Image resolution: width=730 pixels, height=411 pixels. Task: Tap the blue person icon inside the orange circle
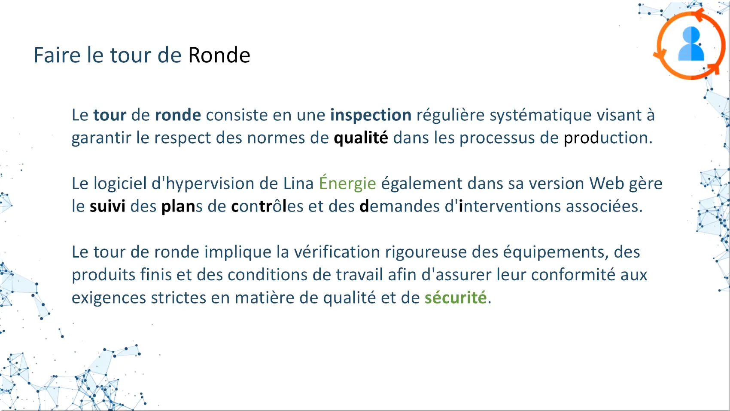point(691,44)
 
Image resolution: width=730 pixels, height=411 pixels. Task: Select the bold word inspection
point(371,115)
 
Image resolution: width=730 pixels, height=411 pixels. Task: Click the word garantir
point(101,138)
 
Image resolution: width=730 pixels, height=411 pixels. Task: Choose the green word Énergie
point(347,183)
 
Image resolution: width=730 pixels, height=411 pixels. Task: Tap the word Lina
point(298,183)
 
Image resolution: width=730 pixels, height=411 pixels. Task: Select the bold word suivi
point(107,206)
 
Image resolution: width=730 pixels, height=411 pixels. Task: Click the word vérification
point(337,252)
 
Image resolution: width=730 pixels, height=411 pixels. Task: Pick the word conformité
point(573,275)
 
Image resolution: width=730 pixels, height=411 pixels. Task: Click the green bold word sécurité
point(456,298)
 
